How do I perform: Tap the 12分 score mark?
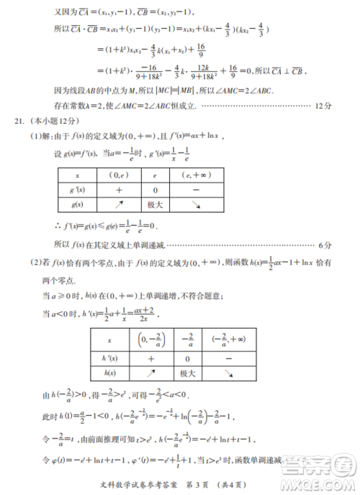pos(324,106)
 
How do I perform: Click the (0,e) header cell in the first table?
pos(120,175)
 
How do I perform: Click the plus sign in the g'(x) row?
pos(120,190)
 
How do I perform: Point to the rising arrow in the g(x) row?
pos(120,204)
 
